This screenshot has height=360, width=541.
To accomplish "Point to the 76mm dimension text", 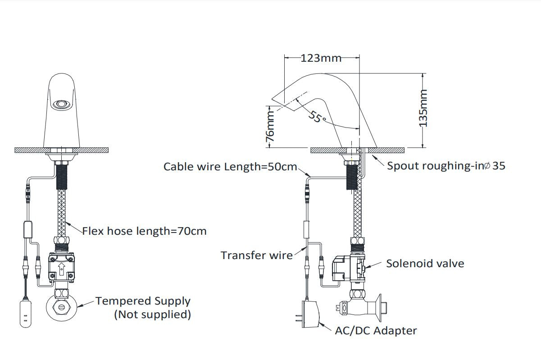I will pyautogui.click(x=270, y=128).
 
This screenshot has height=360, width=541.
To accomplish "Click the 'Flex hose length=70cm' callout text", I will pyautogui.click(x=144, y=231).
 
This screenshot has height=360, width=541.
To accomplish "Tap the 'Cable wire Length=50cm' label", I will pyautogui.click(x=230, y=167).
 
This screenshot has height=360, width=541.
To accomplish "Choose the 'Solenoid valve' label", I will pyautogui.click(x=425, y=264).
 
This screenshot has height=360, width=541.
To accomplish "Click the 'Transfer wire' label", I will pyautogui.click(x=256, y=255).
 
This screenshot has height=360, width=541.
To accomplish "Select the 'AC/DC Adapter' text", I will pyautogui.click(x=376, y=331).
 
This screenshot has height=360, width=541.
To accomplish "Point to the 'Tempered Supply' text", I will pyautogui.click(x=143, y=301).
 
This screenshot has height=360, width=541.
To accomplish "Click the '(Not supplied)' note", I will pyautogui.click(x=152, y=314).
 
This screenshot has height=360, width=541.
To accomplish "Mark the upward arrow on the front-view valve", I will pyautogui.click(x=61, y=269).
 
